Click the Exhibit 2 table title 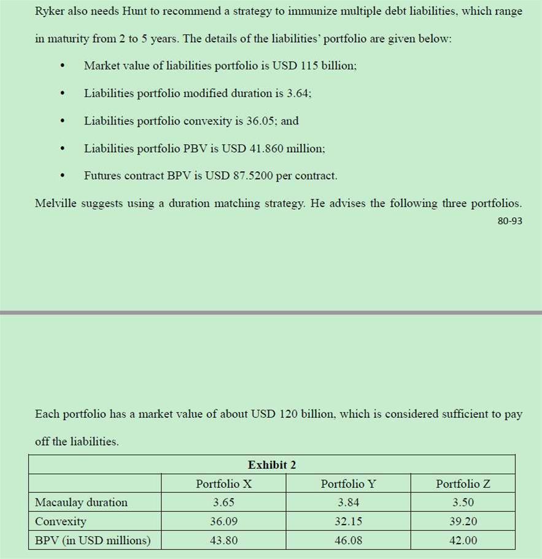(271, 465)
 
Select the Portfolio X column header (223, 484)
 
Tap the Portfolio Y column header (348, 484)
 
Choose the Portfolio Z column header (463, 484)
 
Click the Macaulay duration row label (81, 502)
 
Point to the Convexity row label (61, 522)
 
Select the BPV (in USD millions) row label (92, 540)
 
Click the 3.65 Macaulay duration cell (223, 502)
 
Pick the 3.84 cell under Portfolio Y (348, 502)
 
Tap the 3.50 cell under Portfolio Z (463, 502)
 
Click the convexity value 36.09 (223, 522)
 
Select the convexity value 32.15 (348, 522)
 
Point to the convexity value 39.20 (463, 522)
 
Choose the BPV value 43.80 (223, 540)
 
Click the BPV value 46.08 (348, 540)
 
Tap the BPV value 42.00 (463, 540)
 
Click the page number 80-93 (509, 221)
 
